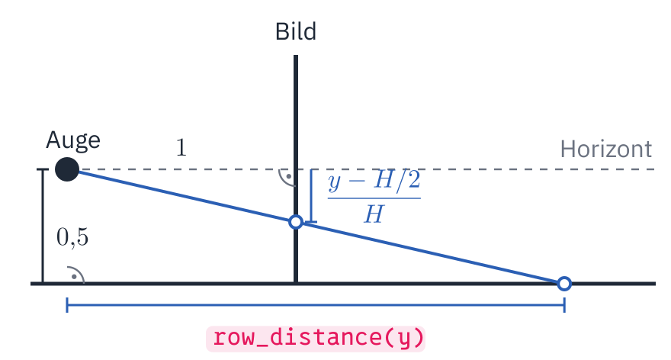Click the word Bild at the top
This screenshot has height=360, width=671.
pos(296,32)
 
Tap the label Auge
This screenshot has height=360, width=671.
pos(73,141)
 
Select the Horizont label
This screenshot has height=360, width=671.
pos(606,149)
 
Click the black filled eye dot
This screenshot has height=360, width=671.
pos(67,169)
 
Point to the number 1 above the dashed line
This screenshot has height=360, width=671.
pos(181,148)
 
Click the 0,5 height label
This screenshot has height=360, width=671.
pos(72,237)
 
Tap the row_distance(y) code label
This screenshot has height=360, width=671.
pos(316,339)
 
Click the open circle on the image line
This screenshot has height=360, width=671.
pos(296,222)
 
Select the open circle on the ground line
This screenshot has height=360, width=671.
pos(564,284)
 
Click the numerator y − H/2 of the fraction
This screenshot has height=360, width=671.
pos(374,181)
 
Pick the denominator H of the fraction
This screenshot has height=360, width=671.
pos(374,214)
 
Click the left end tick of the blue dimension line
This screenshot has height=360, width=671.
pos(67,305)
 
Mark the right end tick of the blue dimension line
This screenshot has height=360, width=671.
pos(564,305)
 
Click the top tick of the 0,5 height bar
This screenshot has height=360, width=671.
pos(43,169)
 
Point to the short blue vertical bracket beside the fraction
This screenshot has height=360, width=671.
pos(312,195)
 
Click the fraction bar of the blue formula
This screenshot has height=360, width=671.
pos(374,198)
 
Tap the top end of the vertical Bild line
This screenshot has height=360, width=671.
pos(296,55)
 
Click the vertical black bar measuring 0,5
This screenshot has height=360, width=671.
pos(43,227)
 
